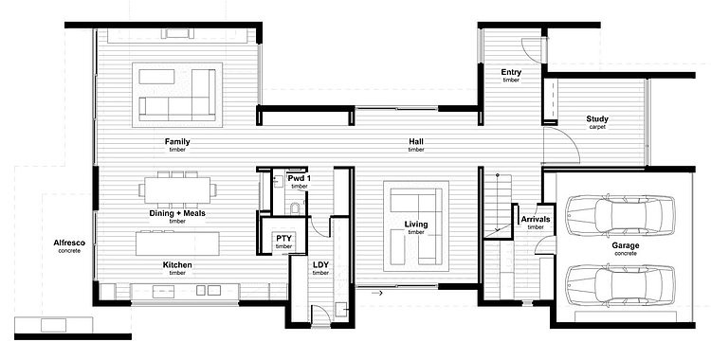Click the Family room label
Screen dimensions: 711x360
(177, 142)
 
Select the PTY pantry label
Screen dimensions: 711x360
(283, 238)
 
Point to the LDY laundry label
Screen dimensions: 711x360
(320, 264)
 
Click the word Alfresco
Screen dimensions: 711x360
(69, 243)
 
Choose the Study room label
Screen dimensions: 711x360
(597, 118)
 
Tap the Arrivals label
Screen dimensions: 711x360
(536, 220)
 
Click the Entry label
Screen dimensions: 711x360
(511, 72)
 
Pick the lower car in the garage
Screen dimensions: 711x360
(620, 284)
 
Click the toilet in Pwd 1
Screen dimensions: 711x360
(295, 209)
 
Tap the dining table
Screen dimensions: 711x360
(177, 190)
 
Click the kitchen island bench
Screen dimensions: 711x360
(177, 243)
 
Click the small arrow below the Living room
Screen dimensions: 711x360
(377, 294)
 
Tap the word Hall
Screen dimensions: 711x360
(416, 142)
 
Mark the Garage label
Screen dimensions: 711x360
(626, 245)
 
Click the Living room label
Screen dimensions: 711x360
(416, 225)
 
